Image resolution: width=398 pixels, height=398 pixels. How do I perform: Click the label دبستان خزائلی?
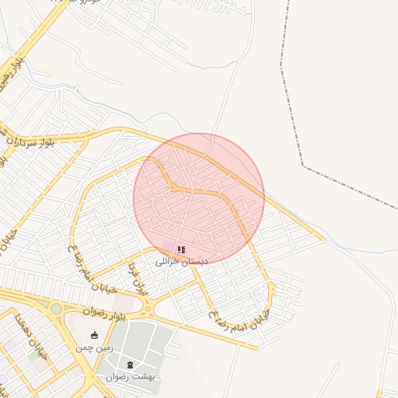pyautogui.click(x=182, y=263)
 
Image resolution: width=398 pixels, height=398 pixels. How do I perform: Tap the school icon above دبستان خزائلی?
pyautogui.click(x=181, y=250)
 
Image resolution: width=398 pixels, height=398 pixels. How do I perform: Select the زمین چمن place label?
pyautogui.click(x=94, y=347)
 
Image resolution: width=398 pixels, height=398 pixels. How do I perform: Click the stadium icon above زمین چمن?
pyautogui.click(x=95, y=336)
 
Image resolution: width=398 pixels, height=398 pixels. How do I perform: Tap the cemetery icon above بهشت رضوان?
pyautogui.click(x=130, y=365)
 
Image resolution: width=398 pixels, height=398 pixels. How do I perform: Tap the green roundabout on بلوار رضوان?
pyautogui.click(x=56, y=309)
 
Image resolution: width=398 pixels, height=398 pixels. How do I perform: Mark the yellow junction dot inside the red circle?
pyautogui.click(x=172, y=187)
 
